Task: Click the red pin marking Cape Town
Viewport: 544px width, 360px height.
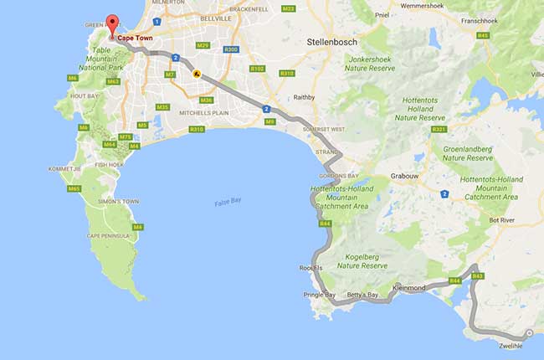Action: coord(111,20)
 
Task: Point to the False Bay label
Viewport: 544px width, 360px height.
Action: coord(227,203)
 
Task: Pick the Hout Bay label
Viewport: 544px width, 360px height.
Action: coord(85,95)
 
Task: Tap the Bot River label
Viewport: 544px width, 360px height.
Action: coord(505,220)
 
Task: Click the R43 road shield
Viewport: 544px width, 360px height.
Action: coord(478,275)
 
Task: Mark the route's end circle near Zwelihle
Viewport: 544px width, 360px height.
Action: coord(530,332)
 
